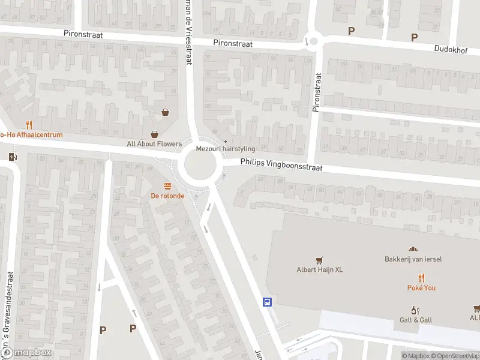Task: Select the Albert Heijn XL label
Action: (319, 269)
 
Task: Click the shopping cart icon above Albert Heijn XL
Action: (319, 260)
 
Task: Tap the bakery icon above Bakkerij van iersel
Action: (412, 249)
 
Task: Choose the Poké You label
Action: (422, 287)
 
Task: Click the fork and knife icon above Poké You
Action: (422, 277)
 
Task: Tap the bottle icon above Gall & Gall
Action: (414, 310)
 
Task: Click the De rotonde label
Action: (167, 196)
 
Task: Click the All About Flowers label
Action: (154, 144)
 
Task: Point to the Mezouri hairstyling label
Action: (226, 149)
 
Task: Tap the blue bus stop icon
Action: (268, 302)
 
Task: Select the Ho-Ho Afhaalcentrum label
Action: (31, 135)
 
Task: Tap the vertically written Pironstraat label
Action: (317, 92)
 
